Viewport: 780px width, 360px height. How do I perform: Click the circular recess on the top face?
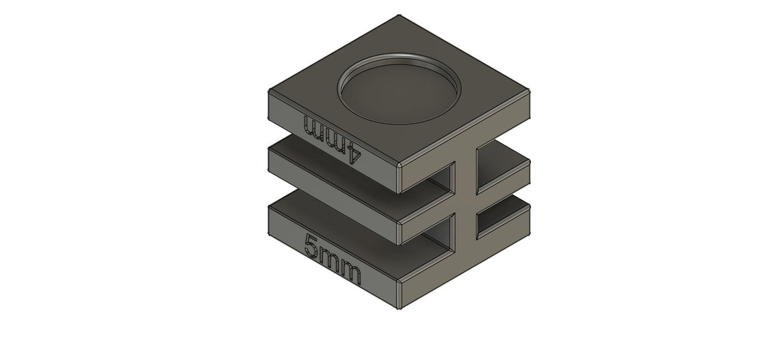click(x=399, y=88)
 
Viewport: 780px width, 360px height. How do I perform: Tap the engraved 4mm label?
click(x=332, y=139)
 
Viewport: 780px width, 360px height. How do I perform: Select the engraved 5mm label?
click(x=333, y=259)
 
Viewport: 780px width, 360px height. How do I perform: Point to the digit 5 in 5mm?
click(x=311, y=246)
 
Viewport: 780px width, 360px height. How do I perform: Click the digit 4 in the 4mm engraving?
click(x=352, y=153)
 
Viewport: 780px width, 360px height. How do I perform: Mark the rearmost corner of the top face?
click(x=399, y=16)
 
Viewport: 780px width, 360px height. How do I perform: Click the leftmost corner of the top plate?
click(x=269, y=90)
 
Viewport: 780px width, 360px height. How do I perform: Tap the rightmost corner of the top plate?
click(x=530, y=91)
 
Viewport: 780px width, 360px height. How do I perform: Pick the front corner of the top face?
click(x=399, y=165)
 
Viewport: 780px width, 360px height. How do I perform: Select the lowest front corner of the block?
click(x=399, y=309)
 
